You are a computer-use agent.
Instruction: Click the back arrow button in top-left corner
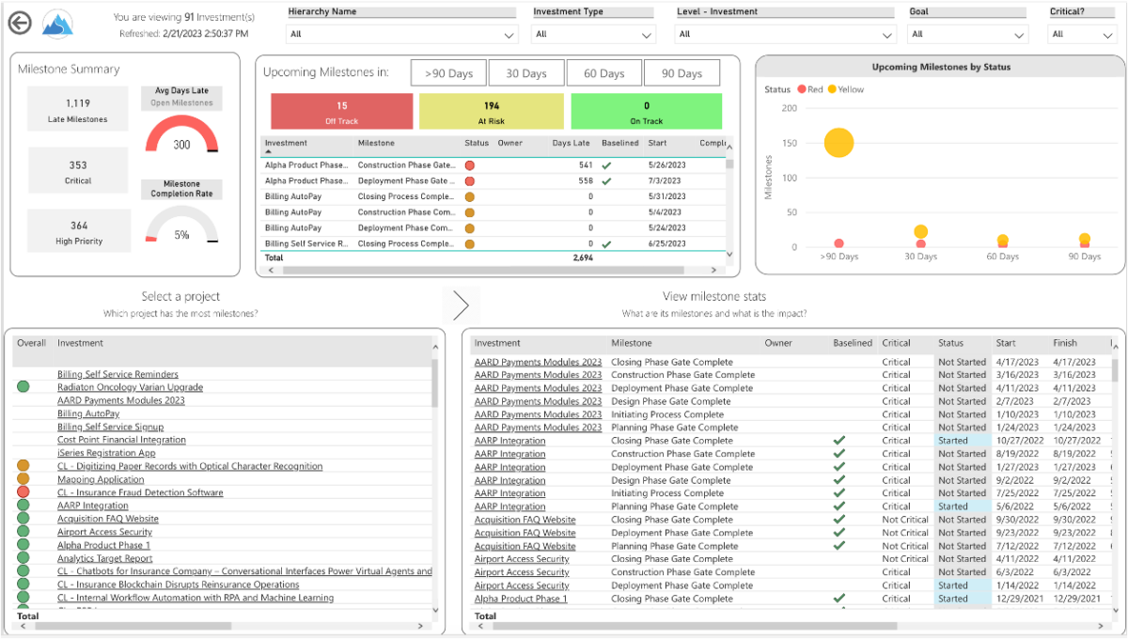[19, 23]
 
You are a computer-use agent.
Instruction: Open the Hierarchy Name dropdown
[403, 34]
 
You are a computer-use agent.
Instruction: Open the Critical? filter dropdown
[1082, 34]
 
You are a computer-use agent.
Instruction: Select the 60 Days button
[604, 73]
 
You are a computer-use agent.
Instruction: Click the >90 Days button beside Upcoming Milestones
[448, 73]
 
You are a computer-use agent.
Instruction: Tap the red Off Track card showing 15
[342, 112]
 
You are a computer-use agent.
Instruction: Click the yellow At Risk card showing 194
[492, 112]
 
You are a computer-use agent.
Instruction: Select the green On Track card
[647, 112]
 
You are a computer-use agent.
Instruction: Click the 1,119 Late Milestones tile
[78, 110]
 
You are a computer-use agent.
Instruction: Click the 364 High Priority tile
[78, 232]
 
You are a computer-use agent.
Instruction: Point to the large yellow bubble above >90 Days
[838, 143]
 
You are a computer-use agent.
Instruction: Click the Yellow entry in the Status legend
[850, 89]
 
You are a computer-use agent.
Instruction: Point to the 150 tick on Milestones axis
[790, 143]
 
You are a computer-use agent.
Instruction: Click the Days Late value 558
[585, 180]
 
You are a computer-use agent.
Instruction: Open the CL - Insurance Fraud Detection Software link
[140, 492]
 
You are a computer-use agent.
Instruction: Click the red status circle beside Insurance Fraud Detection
[23, 492]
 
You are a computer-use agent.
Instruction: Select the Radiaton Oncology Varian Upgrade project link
[130, 387]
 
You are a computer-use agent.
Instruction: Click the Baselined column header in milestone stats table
[852, 343]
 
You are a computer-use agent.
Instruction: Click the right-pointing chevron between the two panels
[461, 304]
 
